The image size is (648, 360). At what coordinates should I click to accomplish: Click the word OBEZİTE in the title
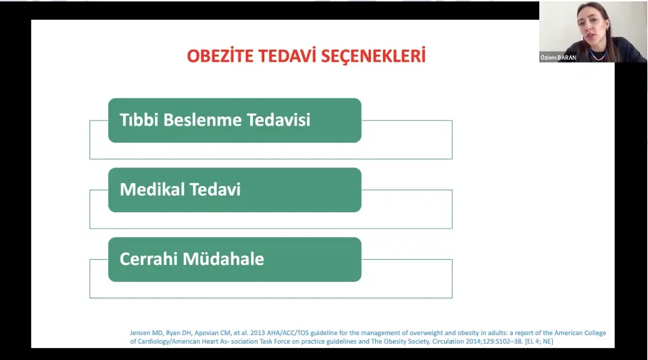pyautogui.click(x=220, y=56)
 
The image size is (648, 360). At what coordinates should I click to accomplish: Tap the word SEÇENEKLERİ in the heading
pyautogui.click(x=373, y=56)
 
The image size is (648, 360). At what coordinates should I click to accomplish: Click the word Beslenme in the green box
pyautogui.click(x=202, y=120)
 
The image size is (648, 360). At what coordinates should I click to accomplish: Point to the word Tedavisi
pyautogui.click(x=279, y=120)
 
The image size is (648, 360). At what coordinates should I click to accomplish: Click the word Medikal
pyautogui.click(x=152, y=190)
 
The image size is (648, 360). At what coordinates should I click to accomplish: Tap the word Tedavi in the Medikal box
pyautogui.click(x=215, y=190)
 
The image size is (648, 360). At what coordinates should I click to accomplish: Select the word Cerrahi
pyautogui.click(x=148, y=259)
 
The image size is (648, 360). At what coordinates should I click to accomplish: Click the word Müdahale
pyautogui.click(x=223, y=259)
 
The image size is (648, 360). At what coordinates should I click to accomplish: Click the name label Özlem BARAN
pyautogui.click(x=558, y=58)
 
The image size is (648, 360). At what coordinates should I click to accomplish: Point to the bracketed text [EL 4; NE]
pyautogui.click(x=539, y=342)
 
